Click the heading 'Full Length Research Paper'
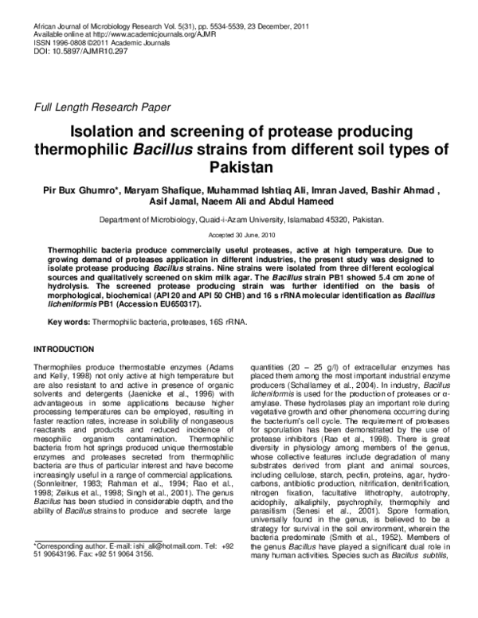click(x=100, y=106)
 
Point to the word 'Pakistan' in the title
click(x=239, y=167)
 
